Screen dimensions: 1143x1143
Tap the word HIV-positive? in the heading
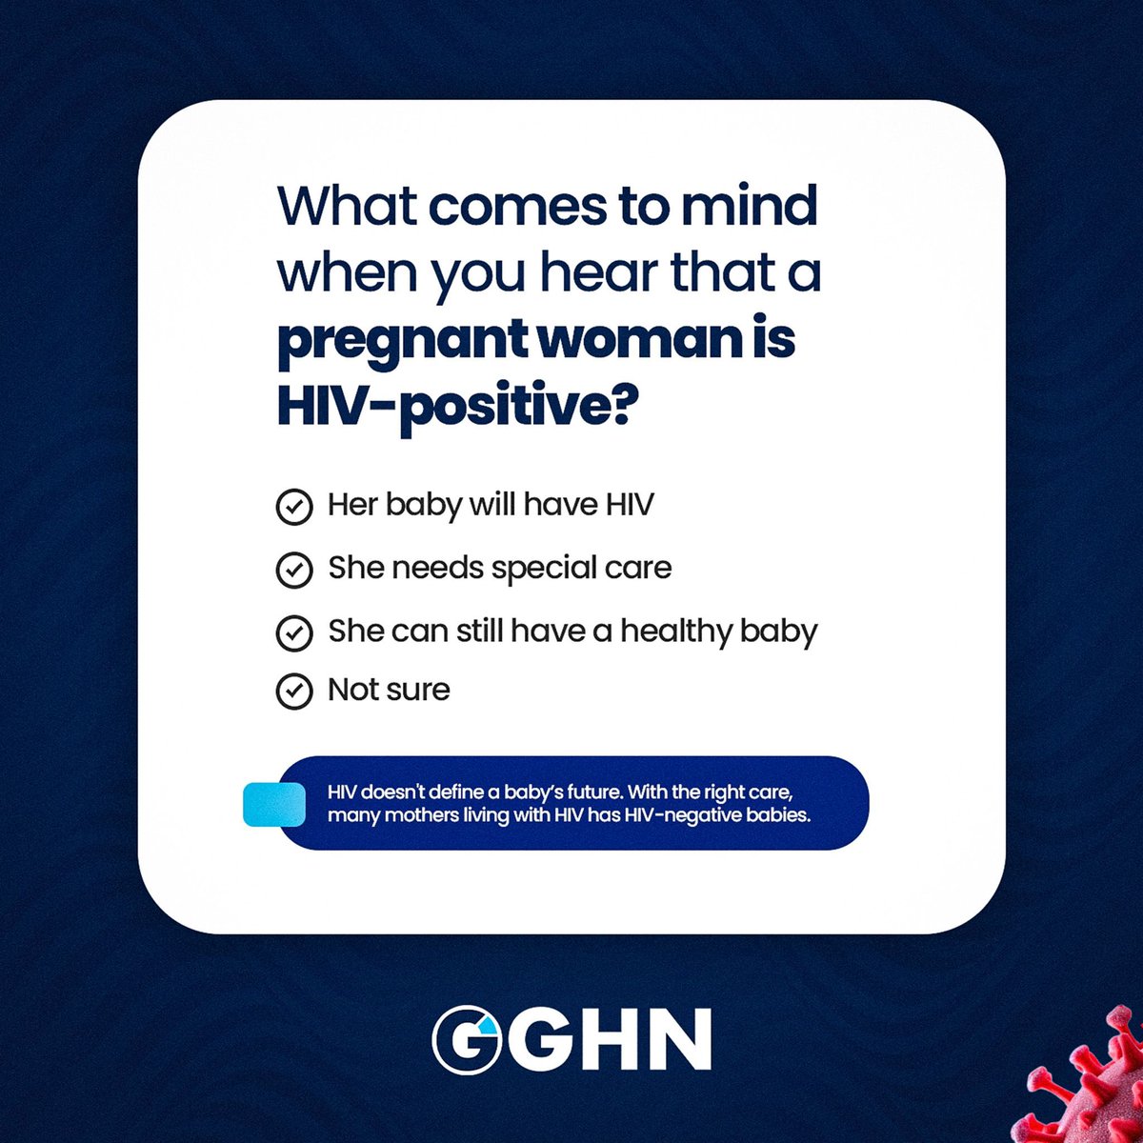click(456, 406)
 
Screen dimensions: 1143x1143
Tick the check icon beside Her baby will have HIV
click(293, 507)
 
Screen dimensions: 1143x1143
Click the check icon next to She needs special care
click(293, 570)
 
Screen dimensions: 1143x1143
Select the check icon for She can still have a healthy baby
click(293, 632)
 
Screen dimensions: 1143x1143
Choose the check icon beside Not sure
click(293, 692)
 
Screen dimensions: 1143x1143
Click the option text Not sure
click(389, 690)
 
